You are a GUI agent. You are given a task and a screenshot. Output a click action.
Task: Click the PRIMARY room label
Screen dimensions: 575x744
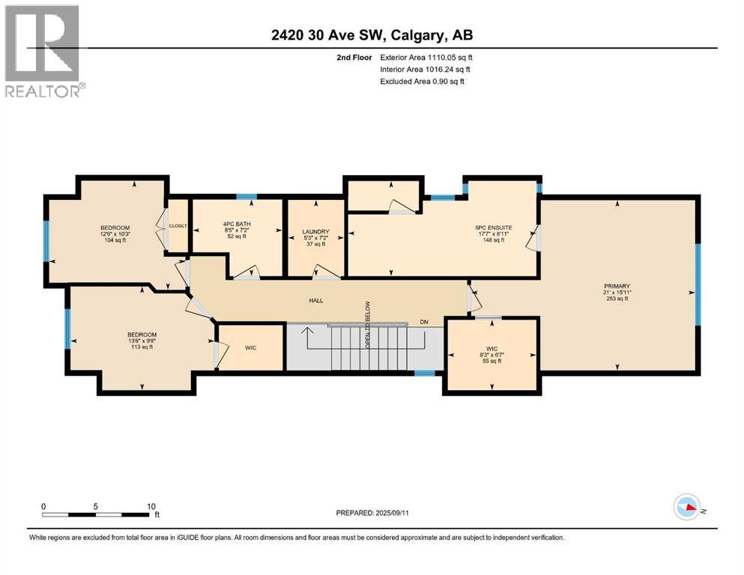(618, 285)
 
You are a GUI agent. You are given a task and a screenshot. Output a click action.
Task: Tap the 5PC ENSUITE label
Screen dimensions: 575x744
(492, 228)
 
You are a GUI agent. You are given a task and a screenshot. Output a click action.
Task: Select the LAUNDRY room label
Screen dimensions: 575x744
(315, 232)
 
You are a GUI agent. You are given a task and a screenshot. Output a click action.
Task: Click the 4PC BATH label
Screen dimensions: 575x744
(237, 224)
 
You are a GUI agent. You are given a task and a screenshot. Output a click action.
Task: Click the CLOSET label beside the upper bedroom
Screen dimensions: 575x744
(178, 225)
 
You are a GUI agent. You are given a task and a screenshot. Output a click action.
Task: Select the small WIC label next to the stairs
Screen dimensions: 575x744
(251, 347)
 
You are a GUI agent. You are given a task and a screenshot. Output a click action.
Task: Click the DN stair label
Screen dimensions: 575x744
(424, 323)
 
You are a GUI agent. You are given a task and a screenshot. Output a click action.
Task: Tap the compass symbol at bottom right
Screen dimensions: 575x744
(687, 508)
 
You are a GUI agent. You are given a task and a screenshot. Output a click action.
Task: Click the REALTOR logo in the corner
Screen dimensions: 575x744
(43, 50)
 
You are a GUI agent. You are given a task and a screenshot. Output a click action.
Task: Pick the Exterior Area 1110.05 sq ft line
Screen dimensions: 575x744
(426, 57)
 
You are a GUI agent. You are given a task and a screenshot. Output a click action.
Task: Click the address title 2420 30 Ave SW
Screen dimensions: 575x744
(372, 34)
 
